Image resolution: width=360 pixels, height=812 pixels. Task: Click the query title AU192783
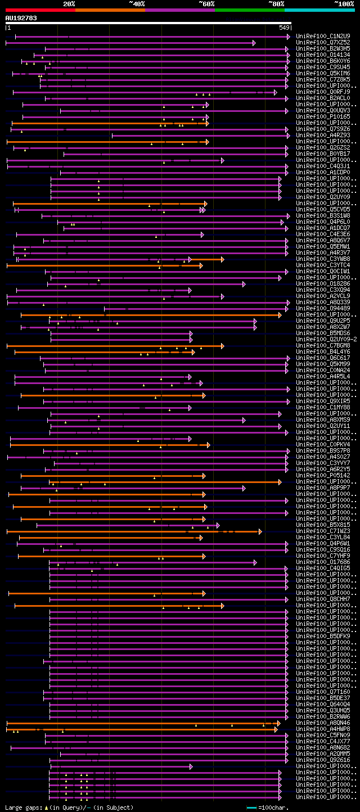coord(21,18)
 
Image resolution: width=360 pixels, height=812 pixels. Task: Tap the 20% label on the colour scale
coord(69,4)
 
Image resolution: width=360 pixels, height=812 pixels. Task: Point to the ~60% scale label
coord(206,4)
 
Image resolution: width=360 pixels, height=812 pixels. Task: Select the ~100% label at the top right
coord(344,4)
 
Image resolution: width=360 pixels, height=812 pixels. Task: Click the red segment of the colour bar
coord(40,10)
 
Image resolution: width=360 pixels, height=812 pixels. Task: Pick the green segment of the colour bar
coord(249,10)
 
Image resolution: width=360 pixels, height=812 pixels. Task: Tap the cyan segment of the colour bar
coord(319,10)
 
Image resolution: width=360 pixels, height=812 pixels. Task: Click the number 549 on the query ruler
coord(284,28)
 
